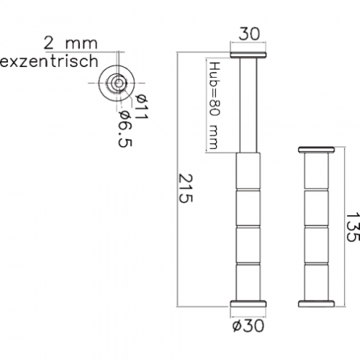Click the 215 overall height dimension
point(186,189)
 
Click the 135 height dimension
point(353,227)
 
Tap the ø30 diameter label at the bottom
point(248,325)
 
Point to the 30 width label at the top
point(249,34)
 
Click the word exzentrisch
point(49,61)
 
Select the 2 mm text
point(71,43)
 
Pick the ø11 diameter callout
point(142,107)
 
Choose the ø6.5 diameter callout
point(125,129)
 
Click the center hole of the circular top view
point(118,84)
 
